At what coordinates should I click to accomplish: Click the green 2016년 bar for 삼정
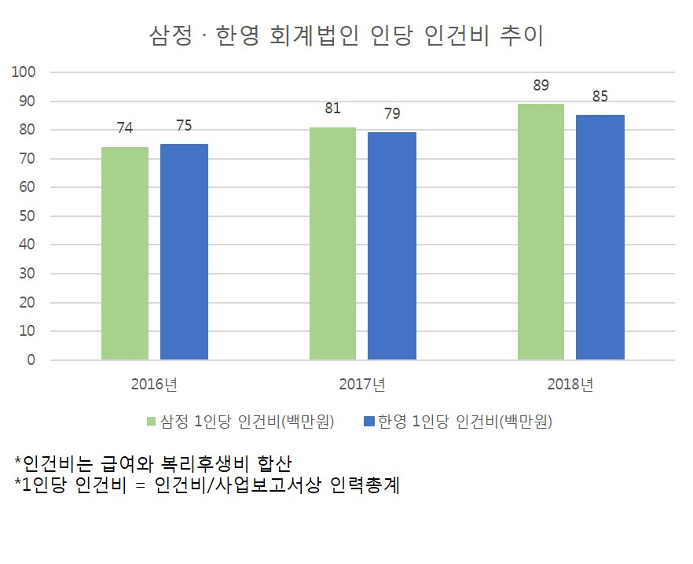125,253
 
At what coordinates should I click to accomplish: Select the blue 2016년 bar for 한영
184,252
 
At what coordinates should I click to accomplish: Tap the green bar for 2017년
333,243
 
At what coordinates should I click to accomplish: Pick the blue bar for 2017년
392,246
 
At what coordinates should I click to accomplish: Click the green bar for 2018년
541,232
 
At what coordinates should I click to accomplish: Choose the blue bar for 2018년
600,238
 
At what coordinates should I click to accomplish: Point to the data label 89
541,85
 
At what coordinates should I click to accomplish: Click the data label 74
125,128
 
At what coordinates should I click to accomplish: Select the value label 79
392,114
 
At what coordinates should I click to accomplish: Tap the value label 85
600,97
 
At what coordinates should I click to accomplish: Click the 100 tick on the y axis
24,72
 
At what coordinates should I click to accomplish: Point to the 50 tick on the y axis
27,216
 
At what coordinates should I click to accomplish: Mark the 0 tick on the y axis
31,360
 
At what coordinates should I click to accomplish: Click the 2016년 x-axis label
154,384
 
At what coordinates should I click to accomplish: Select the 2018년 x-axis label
570,384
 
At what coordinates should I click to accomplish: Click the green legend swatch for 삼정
151,421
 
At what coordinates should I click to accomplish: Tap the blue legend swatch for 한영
369,421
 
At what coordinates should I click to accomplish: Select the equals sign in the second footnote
140,485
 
